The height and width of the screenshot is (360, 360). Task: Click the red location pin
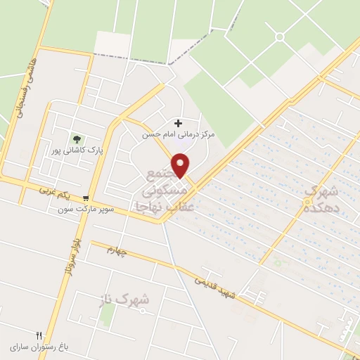(181, 165)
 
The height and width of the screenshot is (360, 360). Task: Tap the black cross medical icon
(177, 122)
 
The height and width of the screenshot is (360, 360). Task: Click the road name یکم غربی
(58, 188)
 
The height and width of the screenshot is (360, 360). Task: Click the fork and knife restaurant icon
(39, 335)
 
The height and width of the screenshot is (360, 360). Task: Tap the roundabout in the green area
(280, 37)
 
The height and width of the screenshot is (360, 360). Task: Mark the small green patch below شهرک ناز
(107, 316)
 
